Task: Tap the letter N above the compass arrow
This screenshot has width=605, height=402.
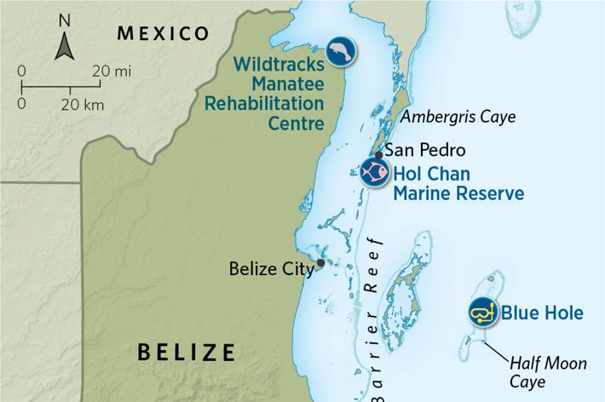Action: pyautogui.click(x=63, y=19)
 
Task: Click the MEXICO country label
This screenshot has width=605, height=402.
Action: pyautogui.click(x=163, y=33)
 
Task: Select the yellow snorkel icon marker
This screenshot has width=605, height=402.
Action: pyautogui.click(x=483, y=313)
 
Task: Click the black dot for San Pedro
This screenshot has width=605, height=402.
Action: pyautogui.click(x=378, y=154)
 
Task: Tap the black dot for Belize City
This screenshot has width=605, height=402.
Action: pyautogui.click(x=320, y=262)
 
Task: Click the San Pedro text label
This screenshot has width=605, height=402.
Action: pyautogui.click(x=425, y=151)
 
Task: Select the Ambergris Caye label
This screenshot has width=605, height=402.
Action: pyautogui.click(x=458, y=117)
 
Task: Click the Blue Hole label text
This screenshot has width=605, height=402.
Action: pyautogui.click(x=542, y=313)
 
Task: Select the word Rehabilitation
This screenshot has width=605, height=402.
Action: pyautogui.click(x=265, y=103)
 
